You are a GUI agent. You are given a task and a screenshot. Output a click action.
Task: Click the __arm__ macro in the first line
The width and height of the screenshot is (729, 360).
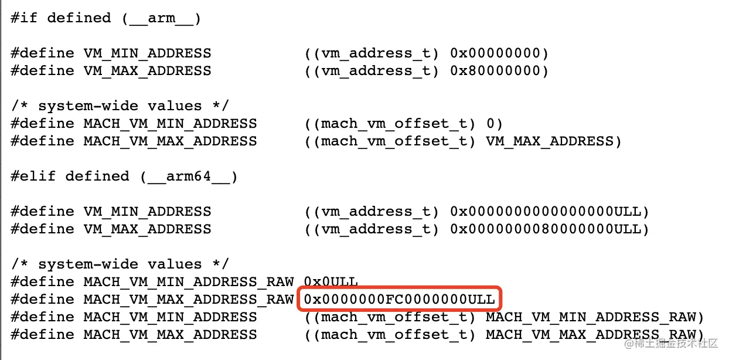click(x=162, y=18)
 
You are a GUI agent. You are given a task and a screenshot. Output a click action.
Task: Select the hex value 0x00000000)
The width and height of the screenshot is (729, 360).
click(x=499, y=53)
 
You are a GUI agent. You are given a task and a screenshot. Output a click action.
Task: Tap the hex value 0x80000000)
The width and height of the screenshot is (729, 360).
click(x=499, y=71)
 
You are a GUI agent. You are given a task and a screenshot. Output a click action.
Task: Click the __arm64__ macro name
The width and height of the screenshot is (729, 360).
click(x=189, y=176)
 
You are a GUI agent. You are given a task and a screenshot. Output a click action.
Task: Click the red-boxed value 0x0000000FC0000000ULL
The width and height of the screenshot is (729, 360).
click(x=400, y=300)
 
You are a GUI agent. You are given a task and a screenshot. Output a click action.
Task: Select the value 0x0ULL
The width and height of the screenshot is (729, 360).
click(x=331, y=282)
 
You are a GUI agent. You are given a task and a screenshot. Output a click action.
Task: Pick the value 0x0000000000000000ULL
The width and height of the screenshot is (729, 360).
click(x=549, y=212)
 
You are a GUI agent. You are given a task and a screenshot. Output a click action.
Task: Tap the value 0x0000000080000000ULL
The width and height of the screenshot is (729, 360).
click(x=549, y=229)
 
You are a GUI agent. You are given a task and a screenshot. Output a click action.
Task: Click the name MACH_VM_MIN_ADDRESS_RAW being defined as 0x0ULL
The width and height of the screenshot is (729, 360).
click(x=189, y=282)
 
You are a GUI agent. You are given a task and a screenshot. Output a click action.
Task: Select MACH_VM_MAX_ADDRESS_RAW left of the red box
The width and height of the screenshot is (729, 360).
click(x=189, y=300)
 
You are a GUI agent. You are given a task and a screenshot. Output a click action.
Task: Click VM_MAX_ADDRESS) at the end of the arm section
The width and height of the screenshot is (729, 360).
click(x=553, y=141)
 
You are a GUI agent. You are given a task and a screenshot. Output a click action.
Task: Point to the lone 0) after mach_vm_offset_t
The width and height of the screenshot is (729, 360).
click(x=495, y=124)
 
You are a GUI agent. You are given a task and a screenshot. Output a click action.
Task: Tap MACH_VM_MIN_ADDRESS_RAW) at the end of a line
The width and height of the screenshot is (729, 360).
click(x=594, y=317)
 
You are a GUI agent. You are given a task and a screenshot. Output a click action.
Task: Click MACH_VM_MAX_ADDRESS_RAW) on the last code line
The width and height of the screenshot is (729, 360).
click(x=594, y=335)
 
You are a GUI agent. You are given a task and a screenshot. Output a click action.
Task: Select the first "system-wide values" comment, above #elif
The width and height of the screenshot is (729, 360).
click(x=120, y=106)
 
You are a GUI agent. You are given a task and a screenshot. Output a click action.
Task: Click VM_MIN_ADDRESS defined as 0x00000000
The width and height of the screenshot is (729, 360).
click(x=148, y=53)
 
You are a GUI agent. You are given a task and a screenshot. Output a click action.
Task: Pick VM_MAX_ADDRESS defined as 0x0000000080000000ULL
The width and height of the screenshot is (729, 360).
click(x=148, y=229)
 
